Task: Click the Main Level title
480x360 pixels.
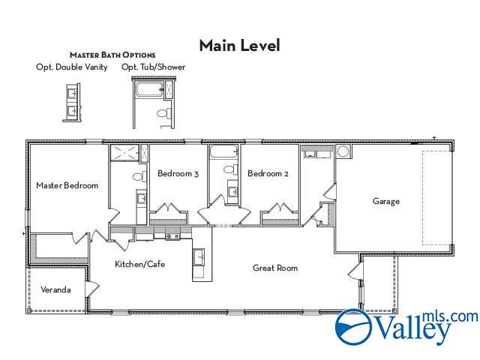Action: click(239, 46)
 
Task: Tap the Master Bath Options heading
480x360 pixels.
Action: click(112, 55)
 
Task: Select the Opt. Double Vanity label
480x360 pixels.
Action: click(72, 67)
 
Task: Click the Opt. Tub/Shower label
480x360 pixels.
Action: click(153, 67)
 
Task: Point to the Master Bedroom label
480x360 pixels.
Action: click(67, 185)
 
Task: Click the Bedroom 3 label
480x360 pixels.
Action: click(178, 174)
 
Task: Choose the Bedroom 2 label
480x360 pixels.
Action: click(268, 174)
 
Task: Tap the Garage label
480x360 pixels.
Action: click(386, 201)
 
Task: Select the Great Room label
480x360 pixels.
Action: click(274, 268)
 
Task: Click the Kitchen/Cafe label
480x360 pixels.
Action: click(139, 264)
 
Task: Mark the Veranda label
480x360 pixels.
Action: click(55, 289)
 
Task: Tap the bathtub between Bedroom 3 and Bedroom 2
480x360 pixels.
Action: click(223, 153)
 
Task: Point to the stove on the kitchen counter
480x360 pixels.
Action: click(172, 237)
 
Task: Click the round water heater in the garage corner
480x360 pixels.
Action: click(343, 151)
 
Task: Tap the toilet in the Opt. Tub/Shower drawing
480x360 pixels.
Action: click(162, 113)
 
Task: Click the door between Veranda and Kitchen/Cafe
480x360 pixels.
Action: click(93, 289)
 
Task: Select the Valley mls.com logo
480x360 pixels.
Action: click(405, 327)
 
